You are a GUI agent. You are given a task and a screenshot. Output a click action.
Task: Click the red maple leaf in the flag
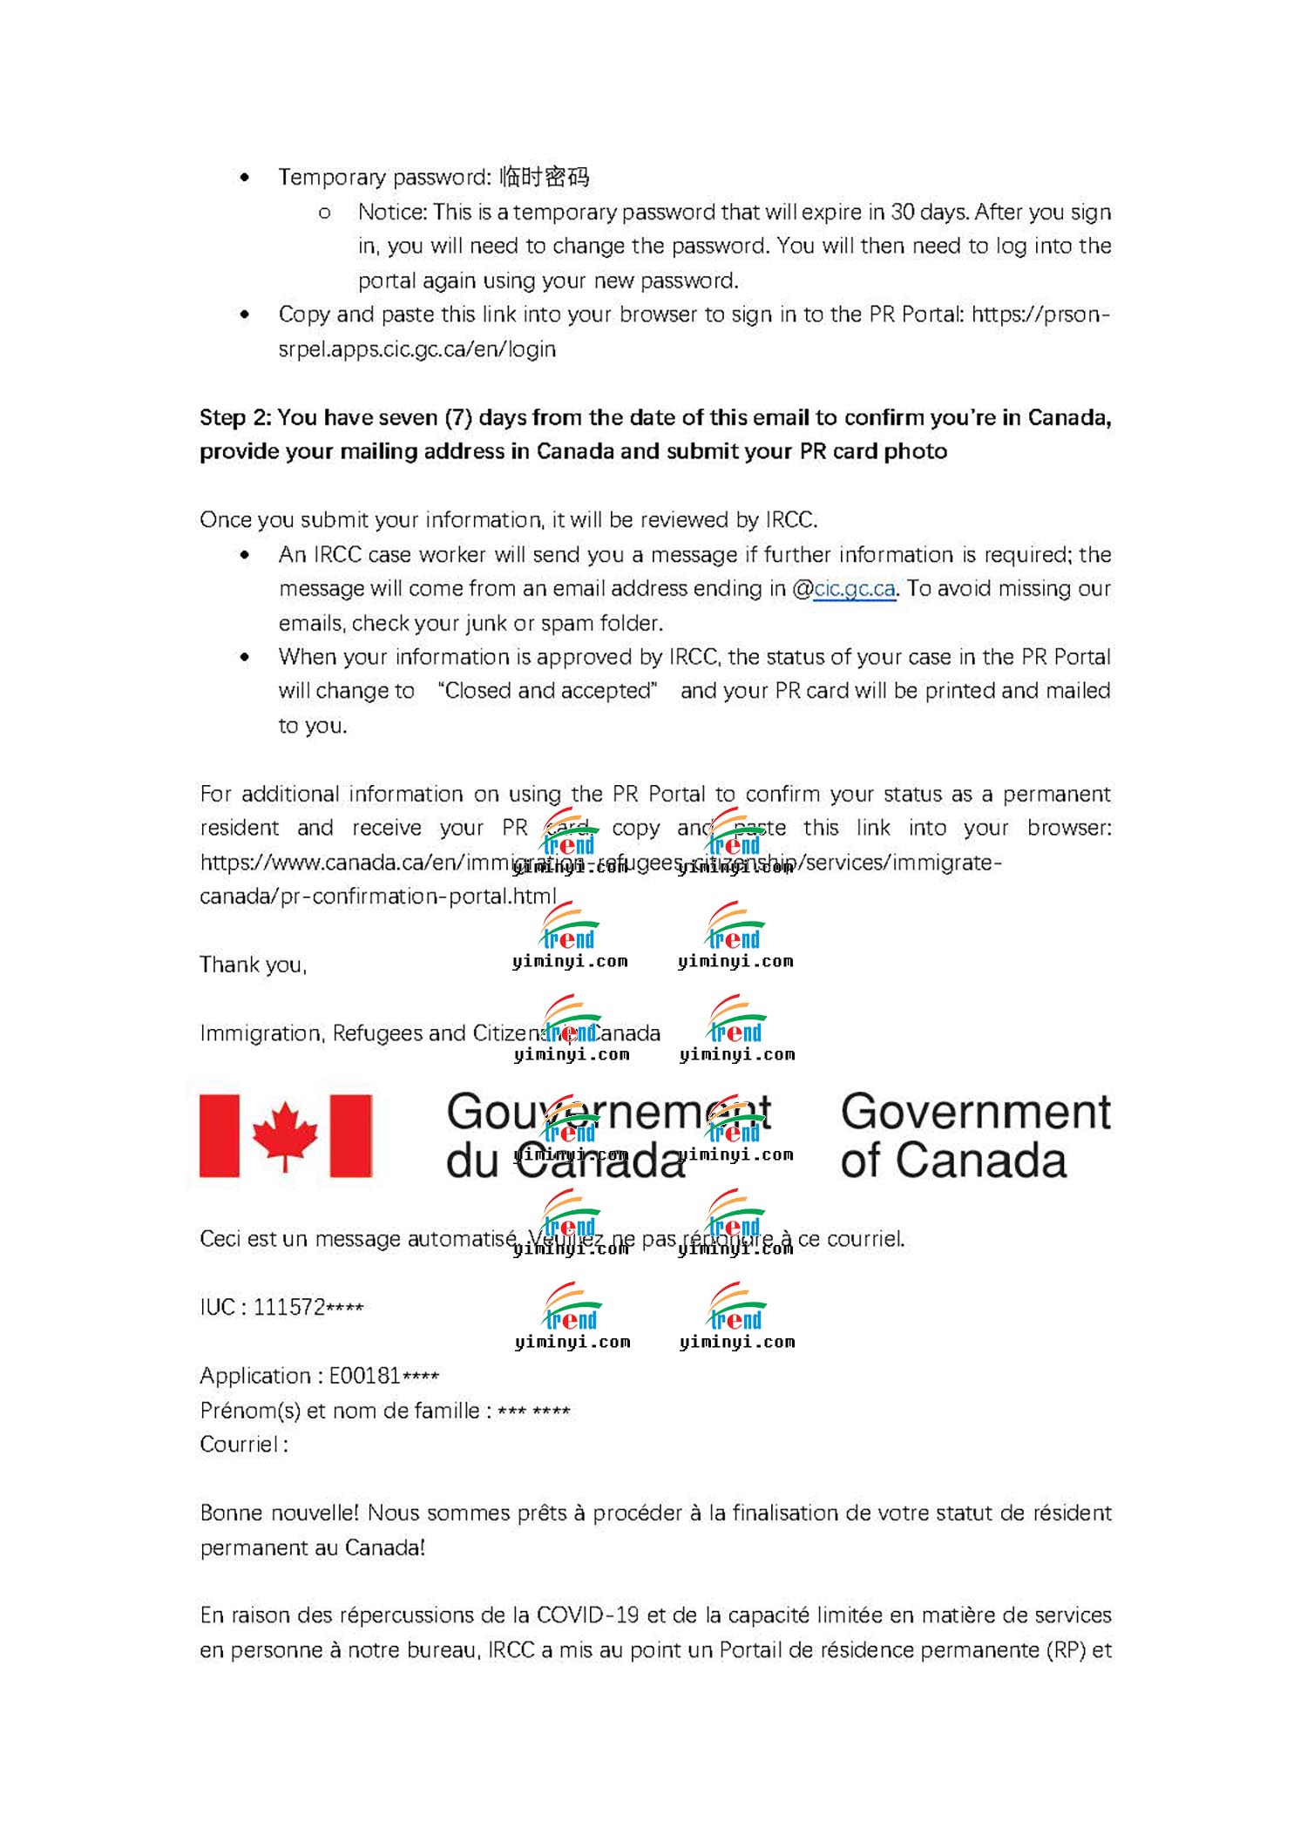coord(285,1134)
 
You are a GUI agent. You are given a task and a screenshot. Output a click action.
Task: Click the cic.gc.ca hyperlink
coord(854,589)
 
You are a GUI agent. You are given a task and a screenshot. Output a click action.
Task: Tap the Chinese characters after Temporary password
coord(545,178)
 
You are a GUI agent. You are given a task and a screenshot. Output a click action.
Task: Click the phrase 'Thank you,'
coord(253,965)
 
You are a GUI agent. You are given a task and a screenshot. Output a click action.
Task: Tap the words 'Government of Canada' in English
coord(974,1136)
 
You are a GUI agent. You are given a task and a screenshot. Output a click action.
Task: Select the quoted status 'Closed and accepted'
coord(548,691)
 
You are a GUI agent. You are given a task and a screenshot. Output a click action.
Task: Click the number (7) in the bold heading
coord(458,418)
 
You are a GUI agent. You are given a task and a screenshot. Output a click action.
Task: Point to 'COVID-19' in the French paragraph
coord(587,1615)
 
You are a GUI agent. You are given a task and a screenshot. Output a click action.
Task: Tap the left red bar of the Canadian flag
coord(220,1135)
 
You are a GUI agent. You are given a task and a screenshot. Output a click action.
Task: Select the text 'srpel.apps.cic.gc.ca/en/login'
coord(416,349)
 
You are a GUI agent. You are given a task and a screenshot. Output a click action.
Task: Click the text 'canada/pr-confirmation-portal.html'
coord(377,897)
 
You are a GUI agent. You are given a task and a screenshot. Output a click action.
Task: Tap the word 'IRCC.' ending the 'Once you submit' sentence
coord(791,520)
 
